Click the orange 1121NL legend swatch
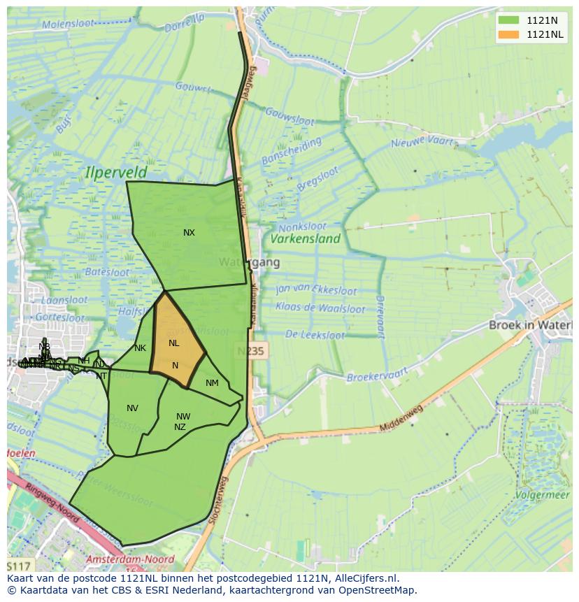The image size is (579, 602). [509, 34]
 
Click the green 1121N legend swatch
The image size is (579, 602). [509, 20]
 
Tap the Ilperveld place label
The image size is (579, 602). [116, 171]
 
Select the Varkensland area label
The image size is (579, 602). [306, 238]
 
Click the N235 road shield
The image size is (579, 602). [250, 351]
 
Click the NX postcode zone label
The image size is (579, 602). [189, 233]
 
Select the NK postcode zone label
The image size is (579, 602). [140, 348]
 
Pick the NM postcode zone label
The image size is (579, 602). [212, 382]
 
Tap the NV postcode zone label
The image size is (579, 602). [132, 408]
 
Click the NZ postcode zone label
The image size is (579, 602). [180, 427]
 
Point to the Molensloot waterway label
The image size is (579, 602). [68, 24]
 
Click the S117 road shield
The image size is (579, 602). [19, 565]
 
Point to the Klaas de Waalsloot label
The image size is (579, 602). [320, 308]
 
